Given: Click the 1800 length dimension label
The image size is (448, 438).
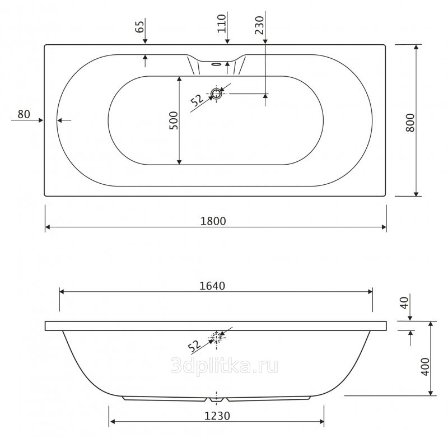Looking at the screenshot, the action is tap(213, 221).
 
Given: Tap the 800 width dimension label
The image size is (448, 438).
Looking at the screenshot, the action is tap(410, 123).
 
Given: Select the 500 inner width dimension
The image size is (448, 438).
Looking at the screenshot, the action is tap(174, 120).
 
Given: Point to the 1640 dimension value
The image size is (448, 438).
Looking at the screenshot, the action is tap(212, 286).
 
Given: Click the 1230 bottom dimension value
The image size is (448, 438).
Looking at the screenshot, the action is tap(217, 416).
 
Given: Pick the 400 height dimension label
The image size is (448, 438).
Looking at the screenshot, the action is tap(425, 366).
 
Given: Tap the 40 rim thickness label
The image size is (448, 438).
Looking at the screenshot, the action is tap(404, 303).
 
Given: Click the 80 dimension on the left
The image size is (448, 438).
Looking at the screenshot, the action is tap(24, 114).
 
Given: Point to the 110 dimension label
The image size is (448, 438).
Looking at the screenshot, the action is tap(221, 24).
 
